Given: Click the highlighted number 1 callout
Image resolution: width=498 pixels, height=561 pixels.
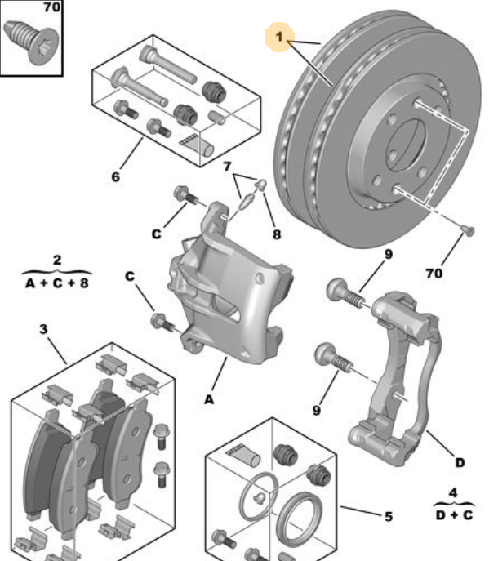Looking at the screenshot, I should tap(281, 37).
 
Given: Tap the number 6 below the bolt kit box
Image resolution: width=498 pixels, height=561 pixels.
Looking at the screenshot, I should tap(115, 175).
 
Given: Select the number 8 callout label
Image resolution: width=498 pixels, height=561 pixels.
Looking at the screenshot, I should tap(277, 234).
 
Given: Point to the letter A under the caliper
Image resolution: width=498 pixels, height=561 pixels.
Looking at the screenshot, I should tap(209, 399).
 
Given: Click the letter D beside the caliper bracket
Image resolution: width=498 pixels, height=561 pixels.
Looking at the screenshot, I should tap(460, 463).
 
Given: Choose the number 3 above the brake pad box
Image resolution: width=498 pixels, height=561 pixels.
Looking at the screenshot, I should tap(43, 330).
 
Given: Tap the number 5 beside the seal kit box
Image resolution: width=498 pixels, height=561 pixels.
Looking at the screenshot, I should tap(388, 516).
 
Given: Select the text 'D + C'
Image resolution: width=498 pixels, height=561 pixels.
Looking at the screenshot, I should tap(453, 515).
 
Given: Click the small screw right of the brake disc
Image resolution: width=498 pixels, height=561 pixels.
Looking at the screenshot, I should tap(467, 231).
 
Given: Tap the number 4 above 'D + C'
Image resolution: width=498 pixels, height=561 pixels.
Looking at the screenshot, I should tap(453, 493).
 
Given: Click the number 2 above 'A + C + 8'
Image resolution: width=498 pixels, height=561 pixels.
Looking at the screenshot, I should tap(56, 260).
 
